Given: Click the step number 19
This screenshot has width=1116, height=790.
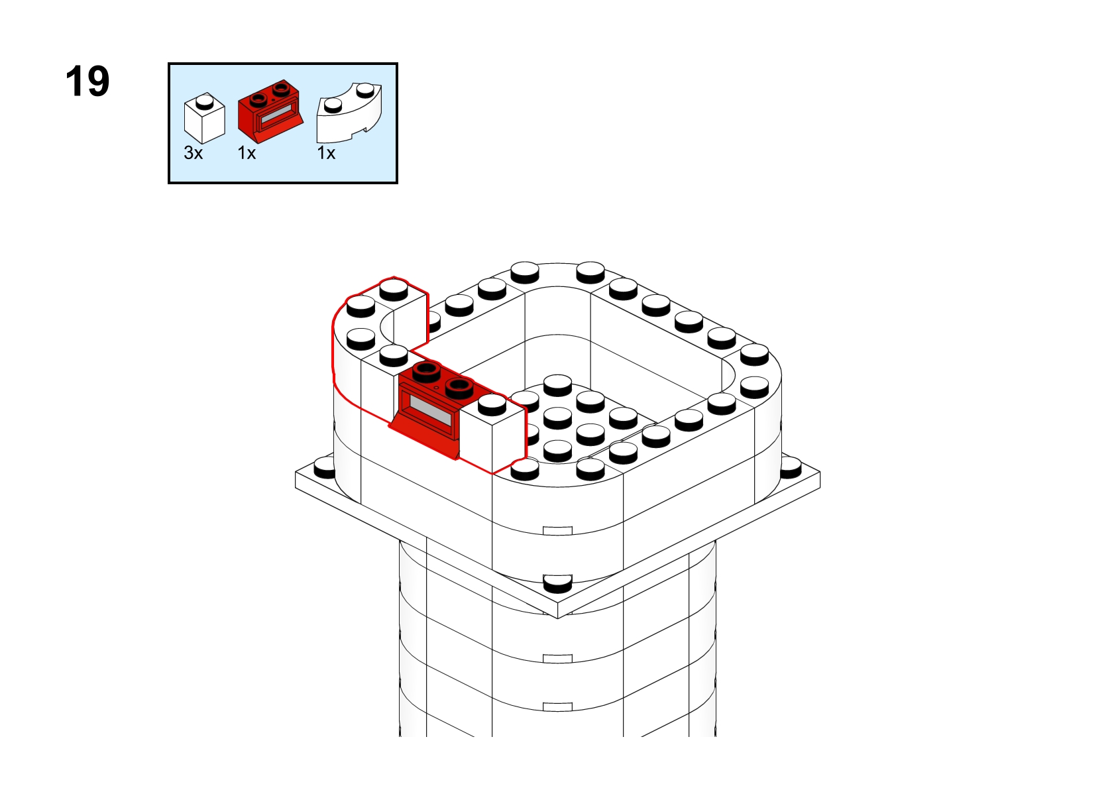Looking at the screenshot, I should pyautogui.click(x=87, y=82).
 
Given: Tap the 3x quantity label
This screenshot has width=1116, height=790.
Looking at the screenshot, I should pyautogui.click(x=193, y=153).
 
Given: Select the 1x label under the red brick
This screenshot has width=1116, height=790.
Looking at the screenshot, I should pyautogui.click(x=247, y=153).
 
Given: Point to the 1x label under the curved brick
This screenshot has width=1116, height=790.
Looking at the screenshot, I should pyautogui.click(x=326, y=153).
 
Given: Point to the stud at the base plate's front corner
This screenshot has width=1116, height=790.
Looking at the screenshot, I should pyautogui.click(x=557, y=583).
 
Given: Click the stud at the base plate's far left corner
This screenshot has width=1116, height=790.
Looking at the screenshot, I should pyautogui.click(x=325, y=465).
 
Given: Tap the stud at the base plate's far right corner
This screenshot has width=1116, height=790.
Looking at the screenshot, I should pyautogui.click(x=790, y=467).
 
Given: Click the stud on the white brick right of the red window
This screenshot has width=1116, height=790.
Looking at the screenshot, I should pyautogui.click(x=492, y=403).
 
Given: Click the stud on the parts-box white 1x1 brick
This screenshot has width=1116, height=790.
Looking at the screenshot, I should pyautogui.click(x=204, y=101).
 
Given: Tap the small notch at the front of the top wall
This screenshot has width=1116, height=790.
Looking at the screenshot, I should pyautogui.click(x=557, y=531).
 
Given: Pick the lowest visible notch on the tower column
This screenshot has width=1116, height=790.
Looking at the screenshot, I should pyautogui.click(x=557, y=707).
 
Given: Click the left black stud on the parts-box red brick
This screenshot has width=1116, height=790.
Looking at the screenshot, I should pyautogui.click(x=258, y=97).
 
